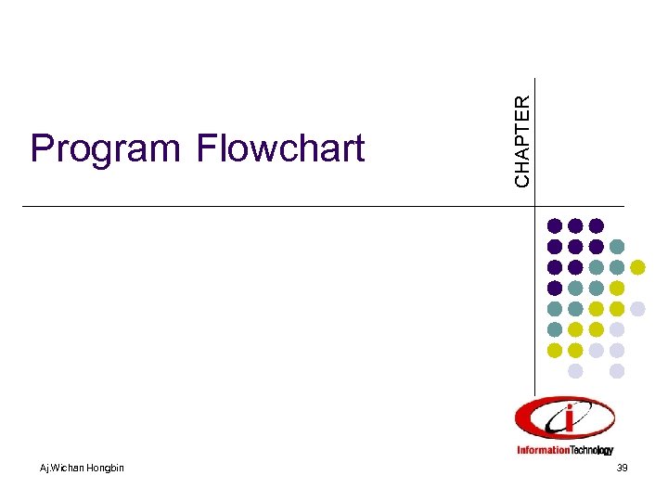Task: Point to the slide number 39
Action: (622, 468)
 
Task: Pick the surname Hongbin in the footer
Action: (106, 467)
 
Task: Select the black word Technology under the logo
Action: (593, 452)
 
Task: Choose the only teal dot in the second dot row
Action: (617, 247)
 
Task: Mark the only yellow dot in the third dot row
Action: (637, 267)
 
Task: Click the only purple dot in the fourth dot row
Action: (555, 288)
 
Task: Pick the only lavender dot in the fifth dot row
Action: (637, 308)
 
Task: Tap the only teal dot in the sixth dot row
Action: (555, 329)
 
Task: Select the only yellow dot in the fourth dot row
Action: (617, 288)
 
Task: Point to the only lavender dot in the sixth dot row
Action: (617, 329)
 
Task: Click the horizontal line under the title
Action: (278, 205)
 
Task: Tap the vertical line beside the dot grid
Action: (535, 306)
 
